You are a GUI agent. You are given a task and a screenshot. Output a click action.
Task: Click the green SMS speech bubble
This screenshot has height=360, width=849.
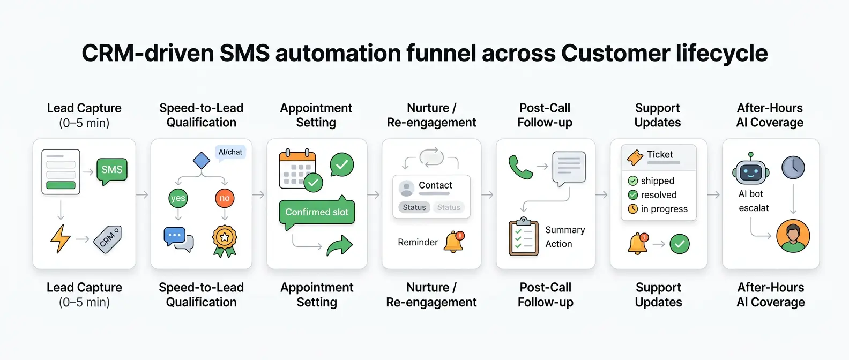(112, 170)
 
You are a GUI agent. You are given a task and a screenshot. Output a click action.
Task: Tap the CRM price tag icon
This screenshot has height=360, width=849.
(108, 239)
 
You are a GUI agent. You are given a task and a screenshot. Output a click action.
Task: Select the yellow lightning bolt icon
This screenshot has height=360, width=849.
(60, 238)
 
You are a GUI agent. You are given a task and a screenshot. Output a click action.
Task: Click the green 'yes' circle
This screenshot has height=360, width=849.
(178, 198)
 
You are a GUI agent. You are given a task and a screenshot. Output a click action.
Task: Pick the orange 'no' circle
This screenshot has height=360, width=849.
(225, 198)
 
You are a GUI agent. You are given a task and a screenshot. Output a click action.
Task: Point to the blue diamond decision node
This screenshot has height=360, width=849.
(201, 160)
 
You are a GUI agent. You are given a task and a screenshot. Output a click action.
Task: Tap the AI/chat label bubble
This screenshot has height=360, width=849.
(230, 153)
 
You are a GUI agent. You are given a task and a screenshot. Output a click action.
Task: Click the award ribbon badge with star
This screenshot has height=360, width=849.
(225, 240)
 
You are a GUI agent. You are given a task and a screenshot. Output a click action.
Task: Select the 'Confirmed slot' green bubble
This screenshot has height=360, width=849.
(317, 212)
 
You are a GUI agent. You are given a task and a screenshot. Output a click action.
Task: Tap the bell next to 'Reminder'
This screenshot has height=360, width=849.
(454, 242)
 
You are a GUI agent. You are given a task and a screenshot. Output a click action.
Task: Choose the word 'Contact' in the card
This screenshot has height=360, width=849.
(435, 185)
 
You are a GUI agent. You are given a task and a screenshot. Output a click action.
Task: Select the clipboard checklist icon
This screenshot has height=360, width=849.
(524, 237)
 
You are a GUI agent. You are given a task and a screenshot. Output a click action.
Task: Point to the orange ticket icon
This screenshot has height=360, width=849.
(635, 157)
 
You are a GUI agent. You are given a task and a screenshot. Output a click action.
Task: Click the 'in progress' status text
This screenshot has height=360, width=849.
(664, 209)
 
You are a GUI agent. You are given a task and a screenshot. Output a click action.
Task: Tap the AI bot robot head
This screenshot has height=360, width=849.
(751, 171)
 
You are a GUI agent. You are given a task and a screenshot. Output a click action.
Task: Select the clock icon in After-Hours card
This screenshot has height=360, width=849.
(793, 168)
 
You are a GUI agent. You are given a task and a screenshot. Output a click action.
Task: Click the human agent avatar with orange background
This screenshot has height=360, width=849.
(793, 236)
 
